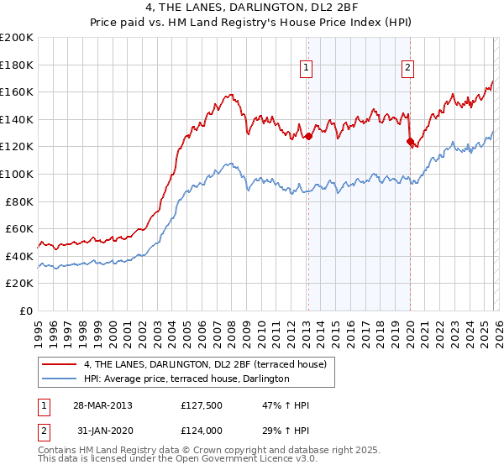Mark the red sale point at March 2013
[308, 136]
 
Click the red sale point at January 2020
[410, 142]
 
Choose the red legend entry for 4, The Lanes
[209, 364]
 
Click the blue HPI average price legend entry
[186, 379]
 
